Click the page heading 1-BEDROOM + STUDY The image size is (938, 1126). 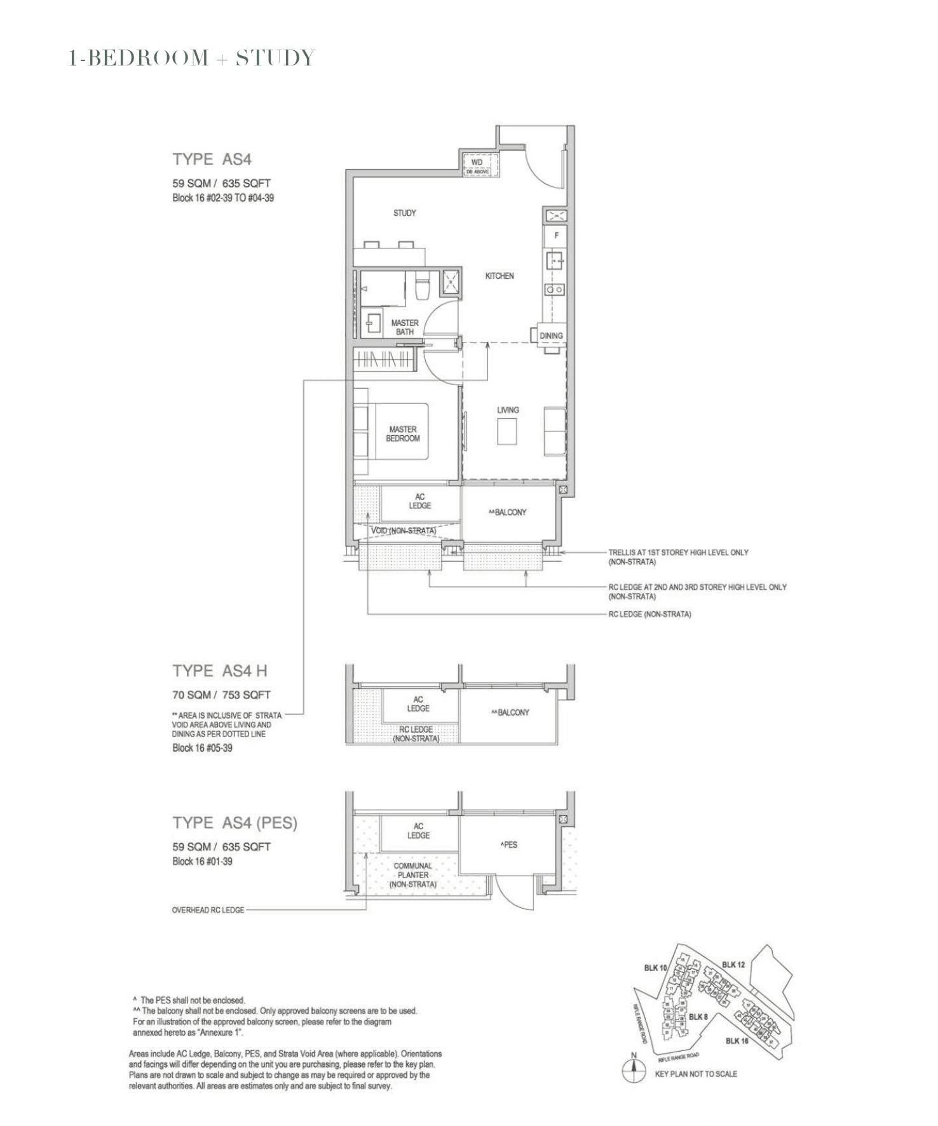tap(191, 58)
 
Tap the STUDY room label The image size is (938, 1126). tap(404, 213)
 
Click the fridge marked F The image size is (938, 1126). tap(556, 235)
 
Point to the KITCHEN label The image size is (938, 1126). tap(500, 276)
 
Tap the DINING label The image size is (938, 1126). tap(551, 336)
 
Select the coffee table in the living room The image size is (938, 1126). tap(507, 433)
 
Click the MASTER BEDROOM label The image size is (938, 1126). tap(403, 434)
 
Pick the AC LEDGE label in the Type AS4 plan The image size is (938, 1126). tap(419, 501)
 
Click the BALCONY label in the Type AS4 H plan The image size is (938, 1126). tap(510, 712)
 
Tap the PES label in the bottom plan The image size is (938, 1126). tap(508, 844)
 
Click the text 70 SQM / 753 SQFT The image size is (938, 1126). tap(221, 695)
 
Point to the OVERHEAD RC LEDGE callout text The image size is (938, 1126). tap(208, 910)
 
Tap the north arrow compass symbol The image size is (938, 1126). tap(633, 1070)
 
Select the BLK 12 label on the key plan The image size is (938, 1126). tap(733, 965)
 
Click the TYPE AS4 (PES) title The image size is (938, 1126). tap(234, 823)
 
